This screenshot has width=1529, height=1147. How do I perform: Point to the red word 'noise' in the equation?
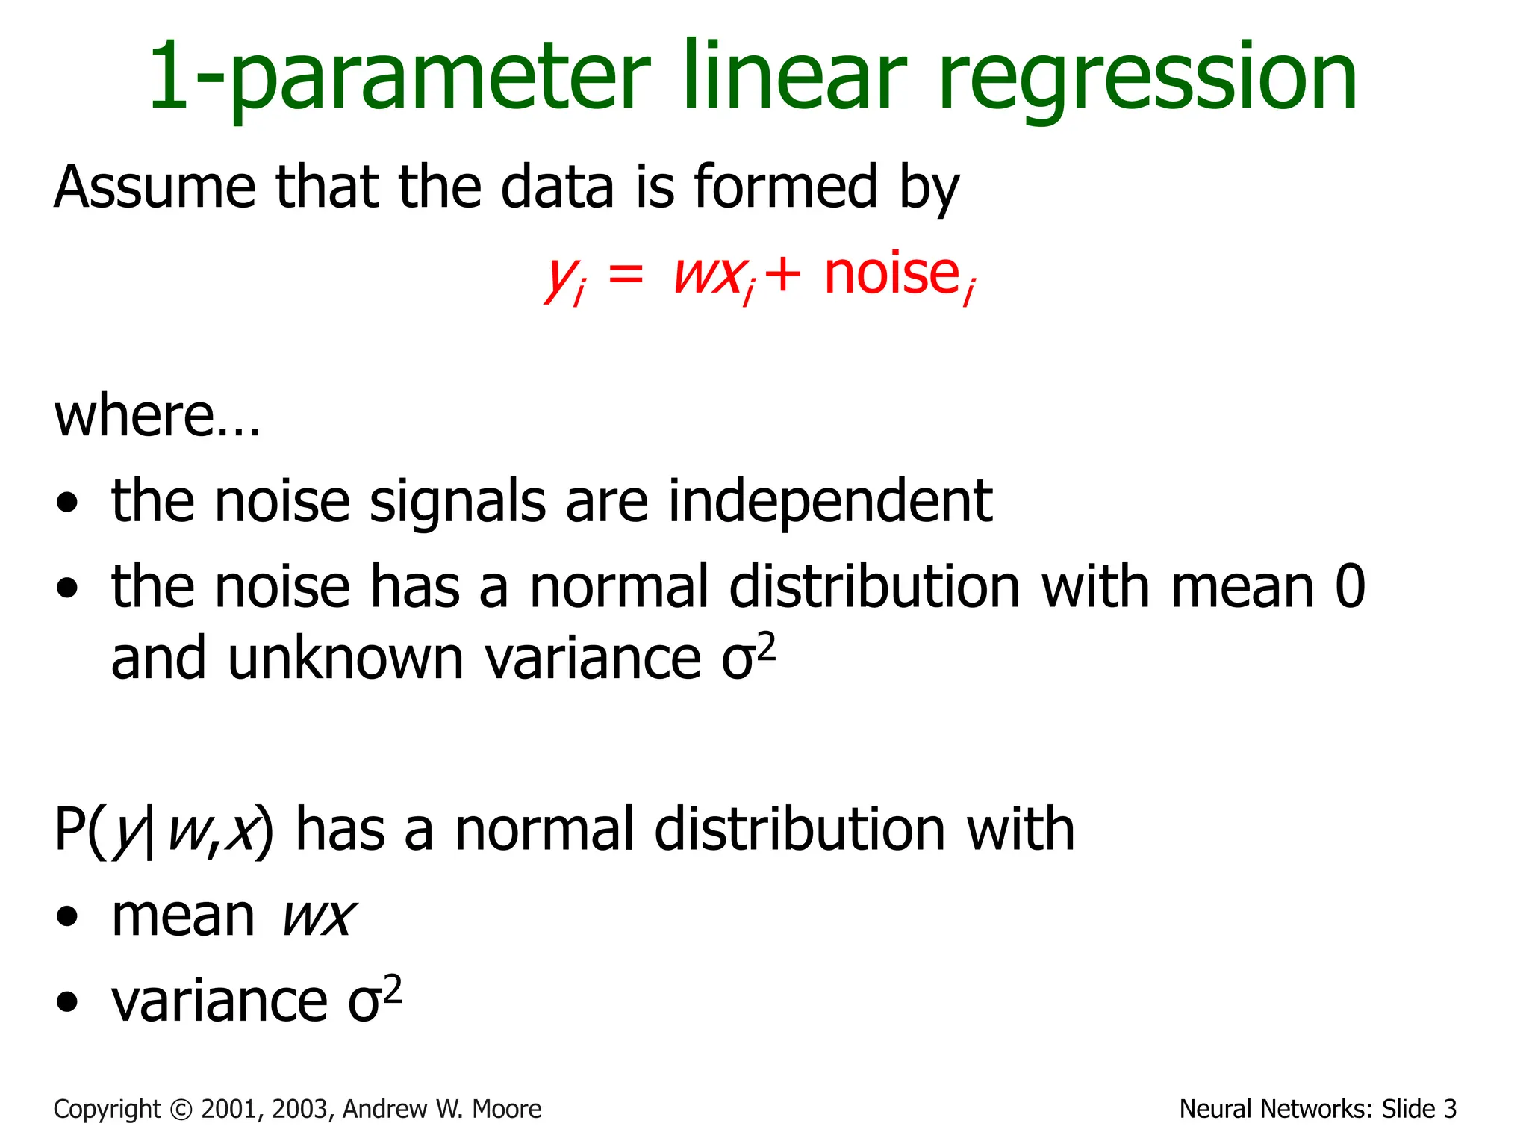click(891, 274)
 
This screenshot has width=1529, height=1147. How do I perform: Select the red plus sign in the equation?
click(783, 275)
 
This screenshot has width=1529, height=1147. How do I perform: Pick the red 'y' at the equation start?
click(558, 278)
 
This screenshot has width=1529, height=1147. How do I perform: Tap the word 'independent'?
click(829, 501)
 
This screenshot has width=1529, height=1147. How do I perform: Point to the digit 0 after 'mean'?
click(1350, 587)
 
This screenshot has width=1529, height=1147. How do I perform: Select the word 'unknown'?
click(345, 659)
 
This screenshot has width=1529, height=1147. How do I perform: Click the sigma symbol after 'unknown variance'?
click(738, 661)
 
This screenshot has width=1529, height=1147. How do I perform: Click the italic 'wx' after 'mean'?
click(318, 917)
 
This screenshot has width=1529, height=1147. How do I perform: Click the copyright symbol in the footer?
click(181, 1110)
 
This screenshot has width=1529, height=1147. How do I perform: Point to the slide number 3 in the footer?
click(1449, 1110)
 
